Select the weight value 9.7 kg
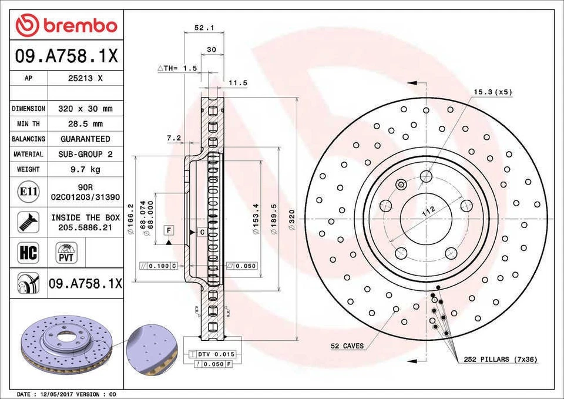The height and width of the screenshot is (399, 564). [85, 169]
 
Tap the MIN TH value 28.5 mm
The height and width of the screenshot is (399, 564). [85, 124]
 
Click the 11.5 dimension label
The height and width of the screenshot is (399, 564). [237, 83]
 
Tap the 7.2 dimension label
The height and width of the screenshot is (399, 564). [173, 138]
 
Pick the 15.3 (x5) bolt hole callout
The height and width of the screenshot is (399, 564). [493, 92]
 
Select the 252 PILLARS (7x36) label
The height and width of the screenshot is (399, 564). [500, 358]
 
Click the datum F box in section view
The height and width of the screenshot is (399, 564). [169, 229]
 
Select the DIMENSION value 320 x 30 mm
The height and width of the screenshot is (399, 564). [85, 109]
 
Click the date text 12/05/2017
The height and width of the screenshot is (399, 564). [57, 394]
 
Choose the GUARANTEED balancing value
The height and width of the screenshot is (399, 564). [85, 139]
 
